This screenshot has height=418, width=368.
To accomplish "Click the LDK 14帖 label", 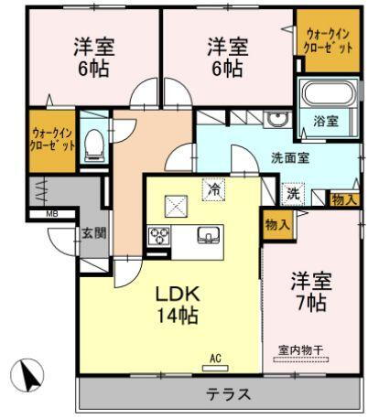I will point(181,304).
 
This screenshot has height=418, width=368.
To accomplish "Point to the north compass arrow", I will point(29,375).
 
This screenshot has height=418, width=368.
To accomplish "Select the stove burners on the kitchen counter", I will point(158,236).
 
